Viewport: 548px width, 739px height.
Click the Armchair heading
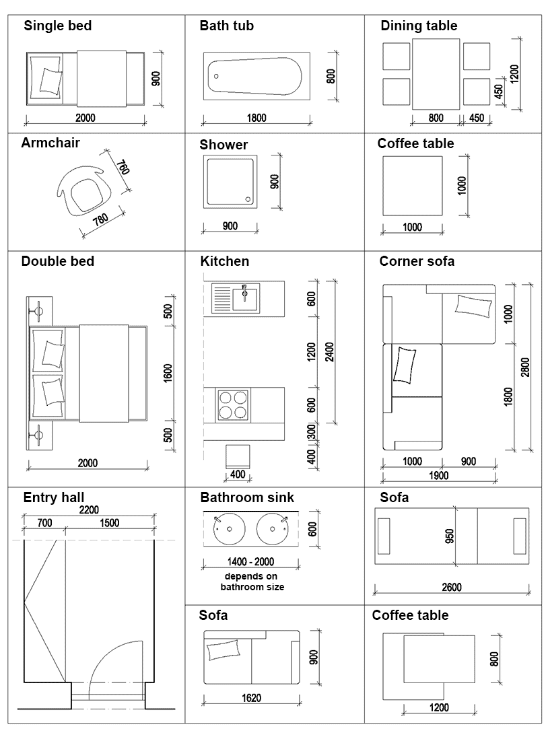click(50, 143)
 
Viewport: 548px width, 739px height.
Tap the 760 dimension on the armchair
click(121, 168)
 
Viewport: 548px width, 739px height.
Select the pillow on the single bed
click(50, 80)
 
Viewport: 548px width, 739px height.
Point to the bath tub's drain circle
click(215, 76)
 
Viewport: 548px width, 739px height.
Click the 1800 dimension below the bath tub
click(256, 118)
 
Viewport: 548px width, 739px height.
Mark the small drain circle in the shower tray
click(250, 199)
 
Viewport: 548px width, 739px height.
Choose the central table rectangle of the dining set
click(436, 74)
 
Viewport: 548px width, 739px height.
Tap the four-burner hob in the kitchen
click(232, 404)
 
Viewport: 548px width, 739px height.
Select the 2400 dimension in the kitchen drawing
click(329, 351)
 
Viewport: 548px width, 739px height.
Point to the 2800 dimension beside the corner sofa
click(525, 367)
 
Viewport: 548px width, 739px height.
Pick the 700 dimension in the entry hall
click(44, 523)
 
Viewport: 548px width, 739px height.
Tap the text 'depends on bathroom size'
click(252, 582)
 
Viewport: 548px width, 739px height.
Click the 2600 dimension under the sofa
click(452, 587)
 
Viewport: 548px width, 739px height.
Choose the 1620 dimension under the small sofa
click(251, 698)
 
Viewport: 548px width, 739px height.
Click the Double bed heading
click(58, 261)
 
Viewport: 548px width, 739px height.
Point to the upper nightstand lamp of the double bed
click(39, 312)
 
